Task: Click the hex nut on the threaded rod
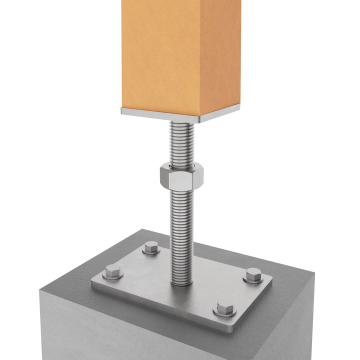(x=181, y=175)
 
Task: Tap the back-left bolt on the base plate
(x=151, y=247)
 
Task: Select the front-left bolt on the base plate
(x=113, y=273)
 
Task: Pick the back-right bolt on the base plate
(x=253, y=275)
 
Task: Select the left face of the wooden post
(x=160, y=55)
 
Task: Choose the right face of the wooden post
(x=220, y=55)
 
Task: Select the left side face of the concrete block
(x=125, y=330)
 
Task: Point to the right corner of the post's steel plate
(x=239, y=107)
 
